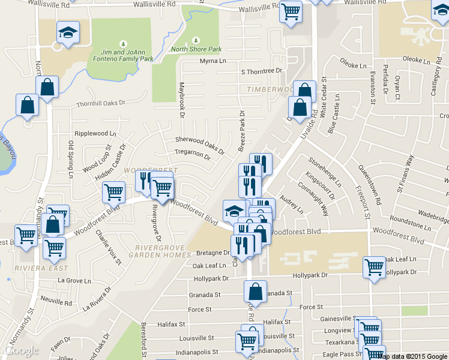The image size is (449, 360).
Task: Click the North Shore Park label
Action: [196, 49]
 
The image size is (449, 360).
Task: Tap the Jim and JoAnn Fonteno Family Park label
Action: [123, 55]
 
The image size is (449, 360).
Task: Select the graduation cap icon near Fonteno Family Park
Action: [68, 32]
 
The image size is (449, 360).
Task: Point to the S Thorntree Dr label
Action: [261, 71]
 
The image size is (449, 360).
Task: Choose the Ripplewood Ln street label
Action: [95, 133]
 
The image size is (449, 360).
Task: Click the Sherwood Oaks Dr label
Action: [200, 144]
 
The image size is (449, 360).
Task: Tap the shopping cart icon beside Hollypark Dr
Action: [374, 267]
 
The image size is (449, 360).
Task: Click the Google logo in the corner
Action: [21, 350]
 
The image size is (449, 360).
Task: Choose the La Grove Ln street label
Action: [74, 281]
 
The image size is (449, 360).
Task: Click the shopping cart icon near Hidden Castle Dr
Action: [113, 192]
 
